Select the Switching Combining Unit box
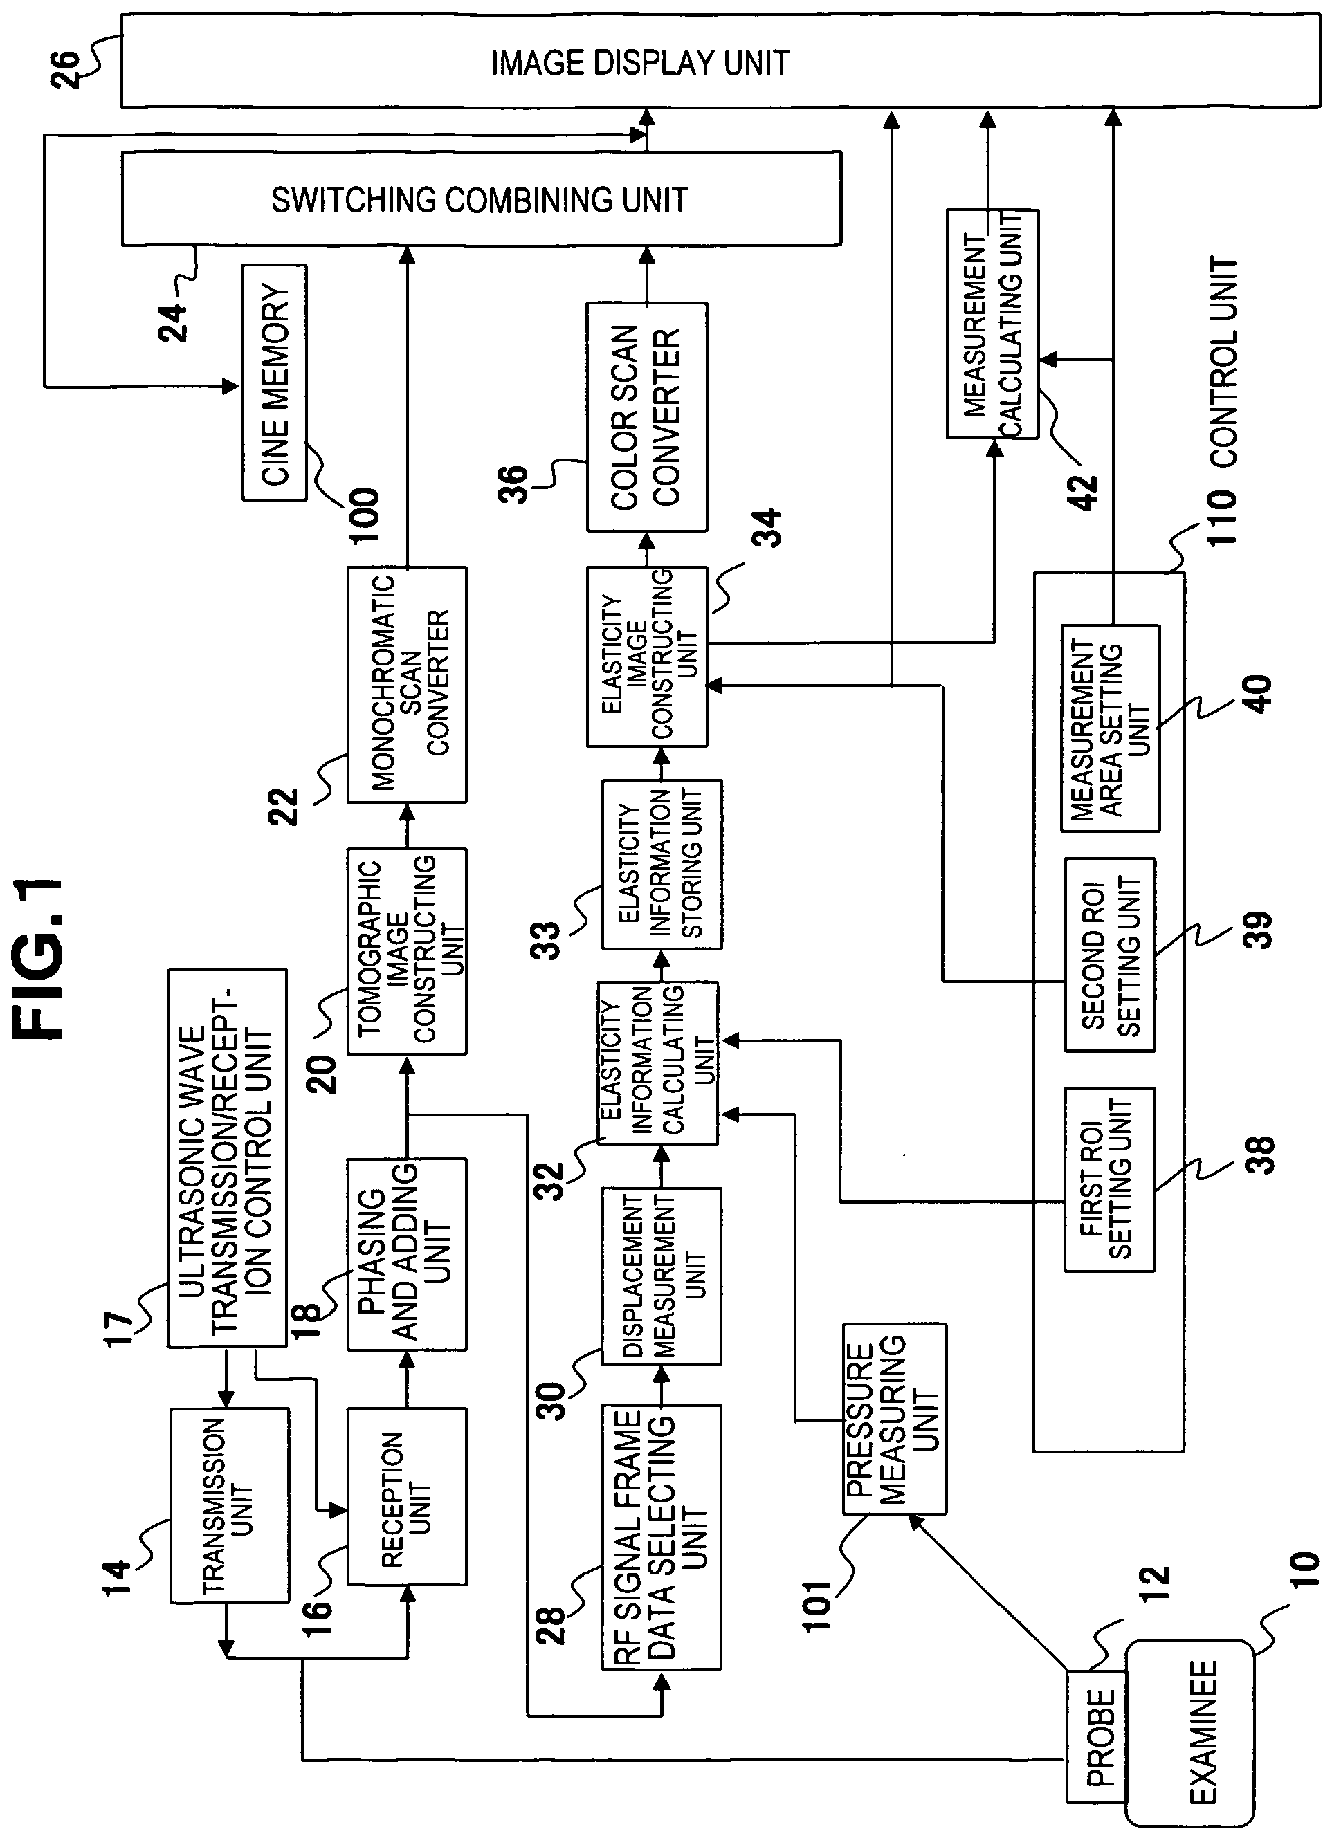481,199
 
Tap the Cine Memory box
275,382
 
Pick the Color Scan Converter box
647,416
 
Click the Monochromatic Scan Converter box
407,684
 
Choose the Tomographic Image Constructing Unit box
407,950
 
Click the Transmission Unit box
230,1505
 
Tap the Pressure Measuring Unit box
894,1419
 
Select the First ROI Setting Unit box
1110,1179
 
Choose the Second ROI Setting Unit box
1110,955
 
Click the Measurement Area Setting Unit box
1111,728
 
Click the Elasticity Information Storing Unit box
662,864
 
